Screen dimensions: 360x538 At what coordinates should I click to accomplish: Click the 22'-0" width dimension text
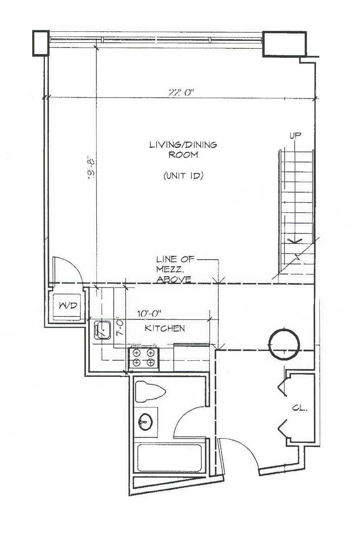[181, 92]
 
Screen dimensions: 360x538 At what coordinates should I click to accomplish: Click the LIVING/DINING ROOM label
[183, 149]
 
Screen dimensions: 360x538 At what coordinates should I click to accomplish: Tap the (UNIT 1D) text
[183, 176]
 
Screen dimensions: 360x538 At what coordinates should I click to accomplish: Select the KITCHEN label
[165, 328]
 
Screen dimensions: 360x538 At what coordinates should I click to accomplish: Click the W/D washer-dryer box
[68, 306]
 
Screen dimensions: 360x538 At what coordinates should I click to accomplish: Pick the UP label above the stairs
[295, 135]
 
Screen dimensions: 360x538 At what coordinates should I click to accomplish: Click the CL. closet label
[300, 408]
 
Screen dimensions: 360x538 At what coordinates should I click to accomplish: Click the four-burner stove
[144, 358]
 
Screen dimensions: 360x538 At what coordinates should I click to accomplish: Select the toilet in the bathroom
[150, 391]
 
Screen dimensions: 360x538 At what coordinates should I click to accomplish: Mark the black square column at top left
[40, 43]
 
